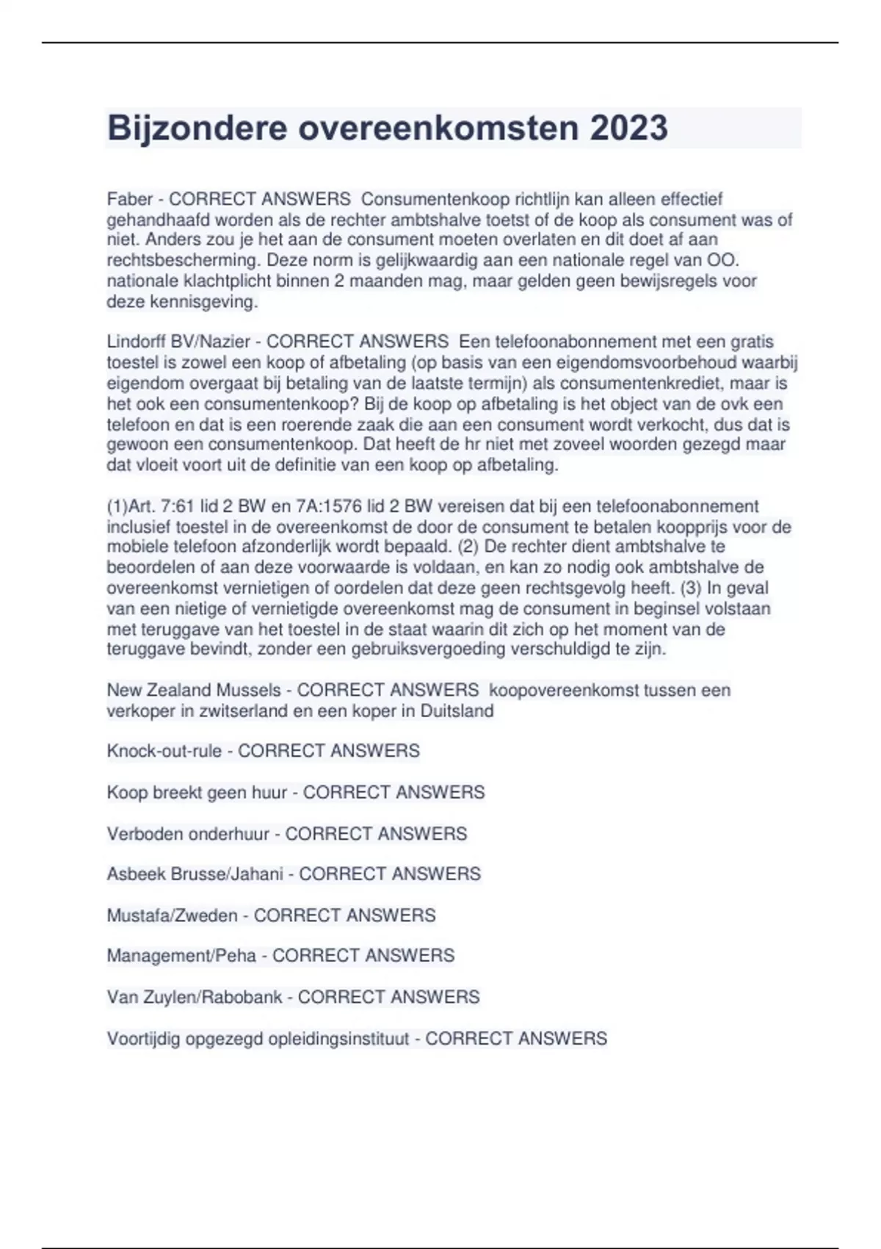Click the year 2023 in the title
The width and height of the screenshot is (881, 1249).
[628, 128]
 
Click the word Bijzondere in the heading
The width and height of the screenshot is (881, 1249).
[197, 128]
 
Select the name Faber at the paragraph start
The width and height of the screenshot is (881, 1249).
[130, 199]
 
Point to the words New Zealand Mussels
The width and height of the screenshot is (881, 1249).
[194, 691]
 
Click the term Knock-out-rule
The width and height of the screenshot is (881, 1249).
[164, 751]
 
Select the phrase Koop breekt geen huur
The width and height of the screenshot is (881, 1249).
[197, 793]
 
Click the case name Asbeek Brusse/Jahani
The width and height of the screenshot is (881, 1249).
[195, 874]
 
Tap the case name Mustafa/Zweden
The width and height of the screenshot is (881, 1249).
[172, 915]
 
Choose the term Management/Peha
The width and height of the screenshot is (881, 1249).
[181, 956]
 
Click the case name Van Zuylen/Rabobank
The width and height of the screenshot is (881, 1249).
[194, 997]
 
